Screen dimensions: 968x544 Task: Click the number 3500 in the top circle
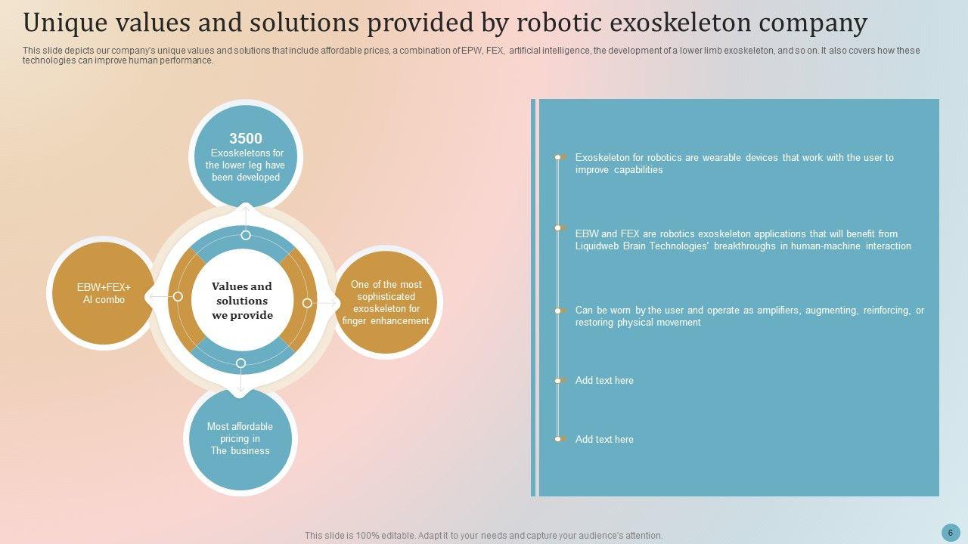(x=246, y=138)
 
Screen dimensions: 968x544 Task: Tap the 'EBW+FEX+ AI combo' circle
(x=104, y=293)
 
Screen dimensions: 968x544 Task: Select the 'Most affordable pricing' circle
(x=240, y=438)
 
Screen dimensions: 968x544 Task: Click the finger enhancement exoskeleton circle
(x=386, y=303)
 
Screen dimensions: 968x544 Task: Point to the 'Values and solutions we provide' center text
(x=242, y=301)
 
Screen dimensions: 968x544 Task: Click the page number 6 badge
(x=951, y=532)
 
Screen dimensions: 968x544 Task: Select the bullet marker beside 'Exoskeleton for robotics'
(x=558, y=157)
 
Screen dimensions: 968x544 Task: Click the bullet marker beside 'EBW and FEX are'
(x=558, y=227)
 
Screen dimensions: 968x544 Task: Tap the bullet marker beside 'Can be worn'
(x=558, y=311)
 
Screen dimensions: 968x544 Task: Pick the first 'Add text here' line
(x=604, y=380)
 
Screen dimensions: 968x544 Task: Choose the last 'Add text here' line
(x=604, y=439)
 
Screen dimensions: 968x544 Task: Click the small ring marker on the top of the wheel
(x=246, y=235)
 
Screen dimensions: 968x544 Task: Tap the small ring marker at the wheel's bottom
(x=240, y=363)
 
